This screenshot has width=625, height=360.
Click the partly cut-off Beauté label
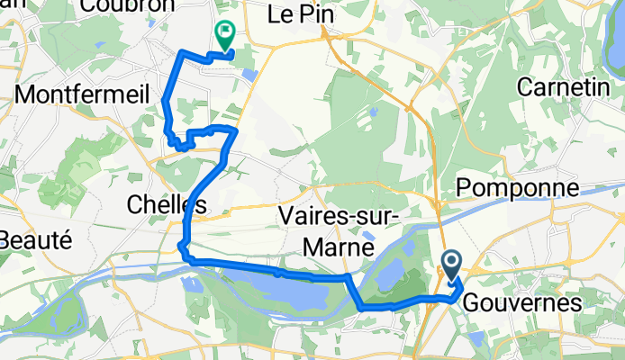tap(34, 240)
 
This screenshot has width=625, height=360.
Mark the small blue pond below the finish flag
tap(249, 76)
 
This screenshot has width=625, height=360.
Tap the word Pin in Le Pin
tap(312, 13)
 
